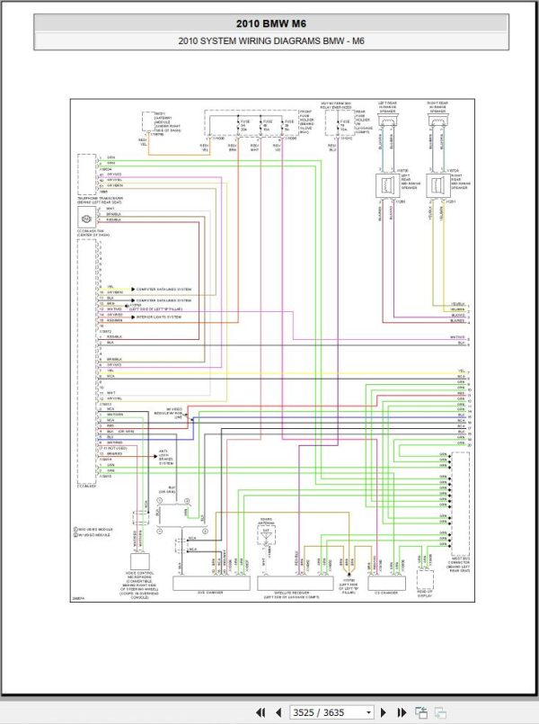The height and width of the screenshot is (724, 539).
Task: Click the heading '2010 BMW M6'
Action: [x=269, y=24]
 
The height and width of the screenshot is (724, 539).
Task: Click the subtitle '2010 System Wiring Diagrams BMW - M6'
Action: [x=269, y=40]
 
